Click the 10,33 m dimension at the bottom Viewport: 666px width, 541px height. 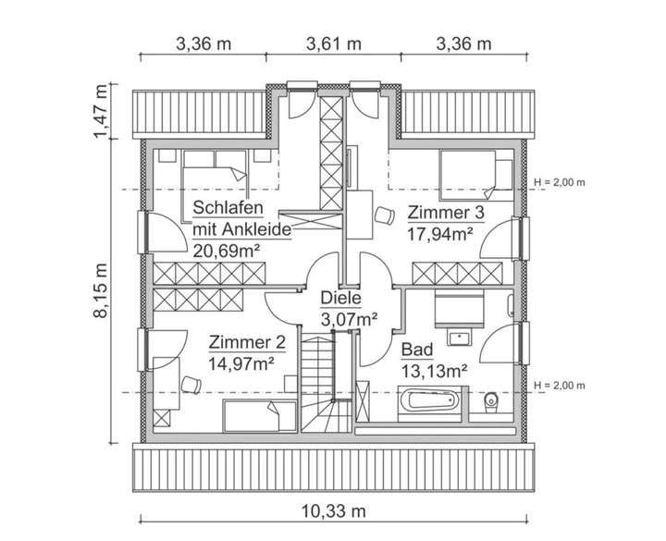tap(333, 511)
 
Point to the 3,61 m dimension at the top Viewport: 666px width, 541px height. tap(333, 43)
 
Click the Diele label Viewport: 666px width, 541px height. tap(340, 299)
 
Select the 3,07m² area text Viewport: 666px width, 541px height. tap(348, 319)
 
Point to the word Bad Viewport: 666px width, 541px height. tap(416, 350)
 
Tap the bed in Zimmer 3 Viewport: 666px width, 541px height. tap(476, 172)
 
